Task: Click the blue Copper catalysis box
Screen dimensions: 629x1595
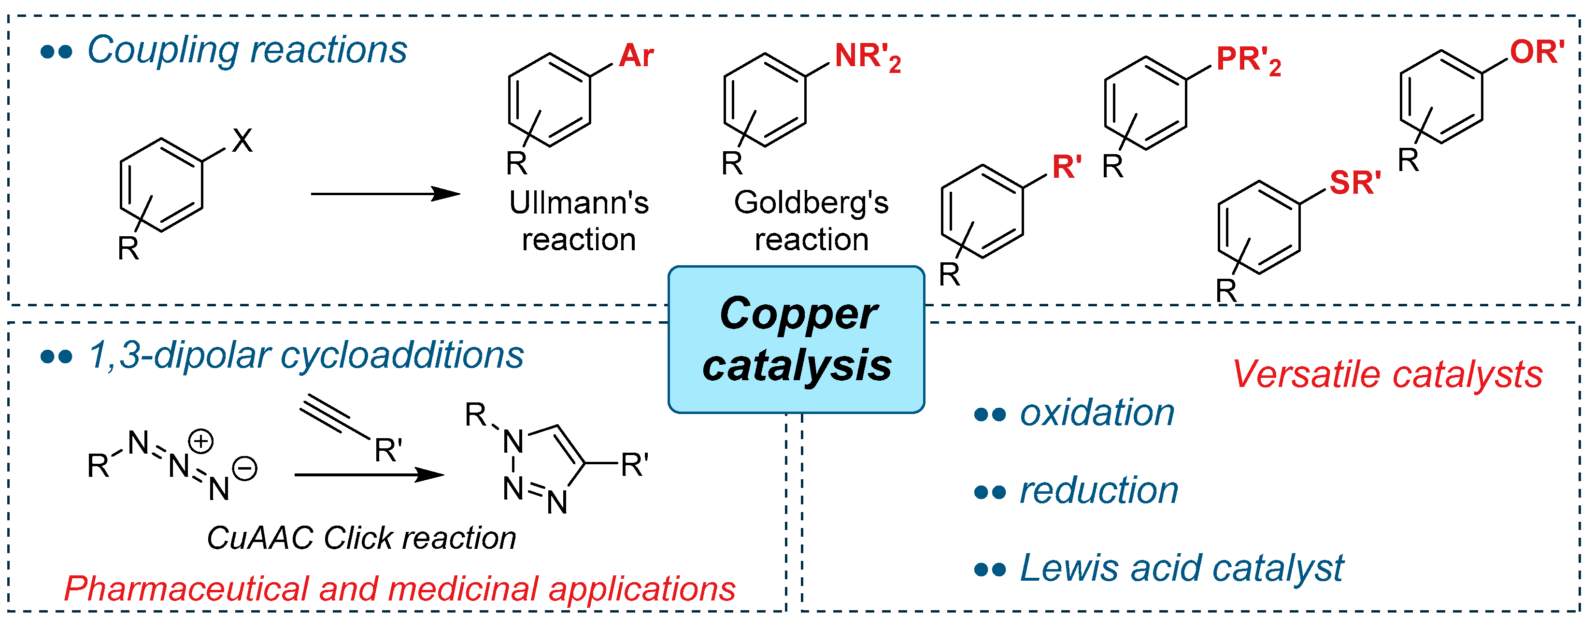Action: point(796,339)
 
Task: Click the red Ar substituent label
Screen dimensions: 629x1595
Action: point(636,56)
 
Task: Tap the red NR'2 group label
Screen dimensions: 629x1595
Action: point(867,57)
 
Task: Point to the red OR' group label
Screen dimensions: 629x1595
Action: point(1537,52)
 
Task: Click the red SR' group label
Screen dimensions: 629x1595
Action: point(1355,183)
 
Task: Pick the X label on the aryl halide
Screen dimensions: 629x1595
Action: point(242,141)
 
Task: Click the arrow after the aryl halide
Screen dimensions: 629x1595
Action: point(385,194)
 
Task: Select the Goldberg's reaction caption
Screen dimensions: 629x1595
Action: point(811,220)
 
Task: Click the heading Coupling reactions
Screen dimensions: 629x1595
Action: point(246,50)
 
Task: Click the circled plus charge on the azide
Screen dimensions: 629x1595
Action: point(201,442)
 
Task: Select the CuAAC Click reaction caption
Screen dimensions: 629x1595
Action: point(362,537)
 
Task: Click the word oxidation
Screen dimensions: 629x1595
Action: point(1097,413)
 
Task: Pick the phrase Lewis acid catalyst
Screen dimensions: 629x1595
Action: point(1182,568)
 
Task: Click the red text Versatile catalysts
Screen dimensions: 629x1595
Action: point(1387,374)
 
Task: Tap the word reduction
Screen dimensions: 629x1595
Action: point(1098,490)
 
